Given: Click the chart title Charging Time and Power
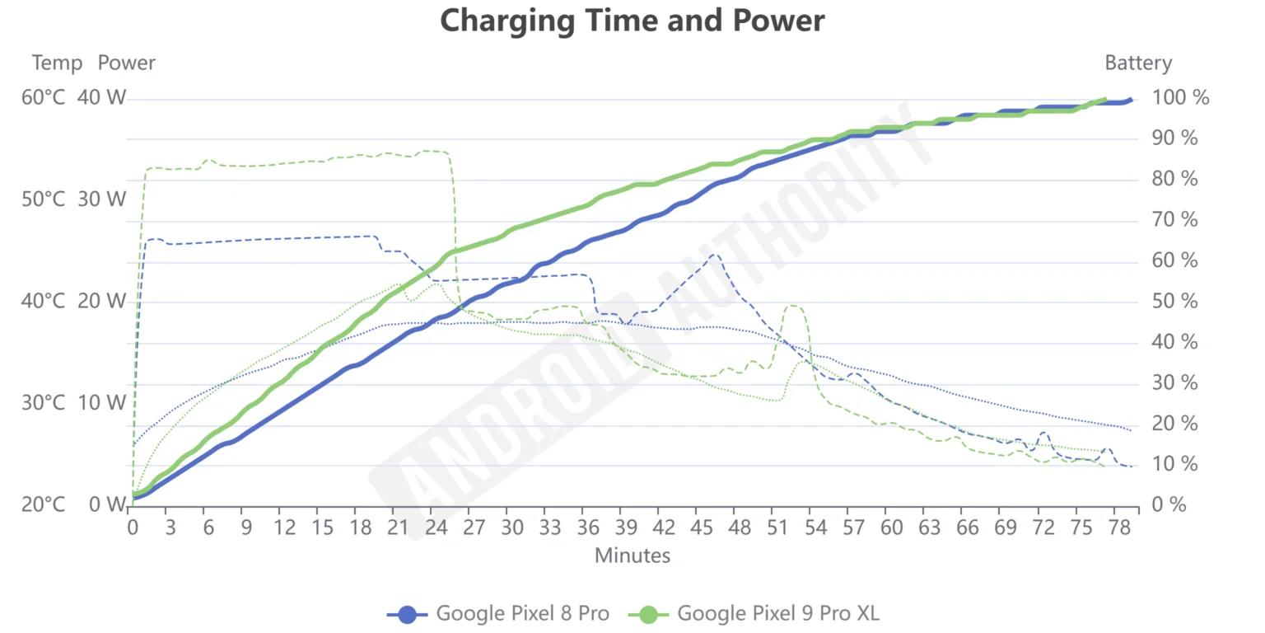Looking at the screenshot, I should click(632, 21).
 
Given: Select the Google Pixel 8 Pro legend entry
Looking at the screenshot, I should click(498, 613).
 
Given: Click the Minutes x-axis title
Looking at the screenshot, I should click(632, 556).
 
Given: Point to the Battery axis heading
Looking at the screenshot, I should click(1137, 63).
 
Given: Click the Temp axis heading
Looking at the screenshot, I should click(57, 63).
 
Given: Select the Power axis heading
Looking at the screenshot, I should click(126, 63).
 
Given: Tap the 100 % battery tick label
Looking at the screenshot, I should click(1181, 98).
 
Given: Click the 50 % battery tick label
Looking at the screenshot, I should click(1177, 302).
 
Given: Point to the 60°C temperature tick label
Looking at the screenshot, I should click(43, 98).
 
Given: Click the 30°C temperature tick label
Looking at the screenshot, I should click(43, 403).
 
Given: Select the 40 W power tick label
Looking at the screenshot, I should click(102, 98).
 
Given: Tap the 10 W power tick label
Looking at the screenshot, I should click(102, 403).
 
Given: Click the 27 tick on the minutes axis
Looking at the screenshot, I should click(474, 528).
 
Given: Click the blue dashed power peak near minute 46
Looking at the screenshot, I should click(713, 255).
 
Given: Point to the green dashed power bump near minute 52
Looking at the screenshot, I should click(793, 307).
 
